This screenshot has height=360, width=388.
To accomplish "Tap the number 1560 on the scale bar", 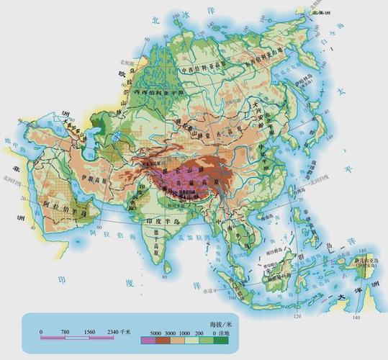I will click(91, 331).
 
